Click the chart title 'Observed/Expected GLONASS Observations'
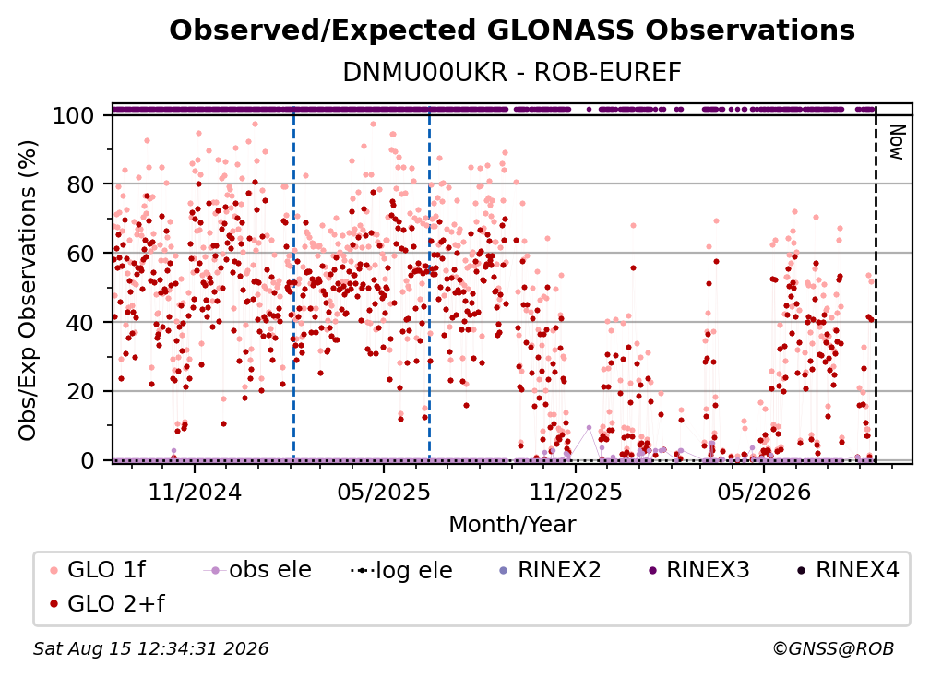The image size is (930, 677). click(512, 30)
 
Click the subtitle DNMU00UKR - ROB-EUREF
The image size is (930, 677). click(512, 72)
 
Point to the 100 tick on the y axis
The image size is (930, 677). click(73, 115)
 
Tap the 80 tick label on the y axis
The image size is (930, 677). click(80, 184)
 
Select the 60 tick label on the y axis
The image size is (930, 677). click(80, 253)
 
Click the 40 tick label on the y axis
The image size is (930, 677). click(80, 323)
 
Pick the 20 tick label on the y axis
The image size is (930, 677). click(80, 391)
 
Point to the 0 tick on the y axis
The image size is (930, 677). click(87, 460)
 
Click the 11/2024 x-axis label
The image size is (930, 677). click(195, 492)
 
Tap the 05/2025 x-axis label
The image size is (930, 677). click(384, 492)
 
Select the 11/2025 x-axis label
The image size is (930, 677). click(576, 492)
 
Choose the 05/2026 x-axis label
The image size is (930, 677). click(764, 492)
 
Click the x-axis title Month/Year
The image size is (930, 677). click(512, 525)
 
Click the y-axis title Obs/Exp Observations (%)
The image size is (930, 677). click(28, 291)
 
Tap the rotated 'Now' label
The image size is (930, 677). click(896, 142)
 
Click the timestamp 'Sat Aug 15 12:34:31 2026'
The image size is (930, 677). click(150, 648)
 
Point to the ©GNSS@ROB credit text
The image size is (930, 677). click(833, 648)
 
